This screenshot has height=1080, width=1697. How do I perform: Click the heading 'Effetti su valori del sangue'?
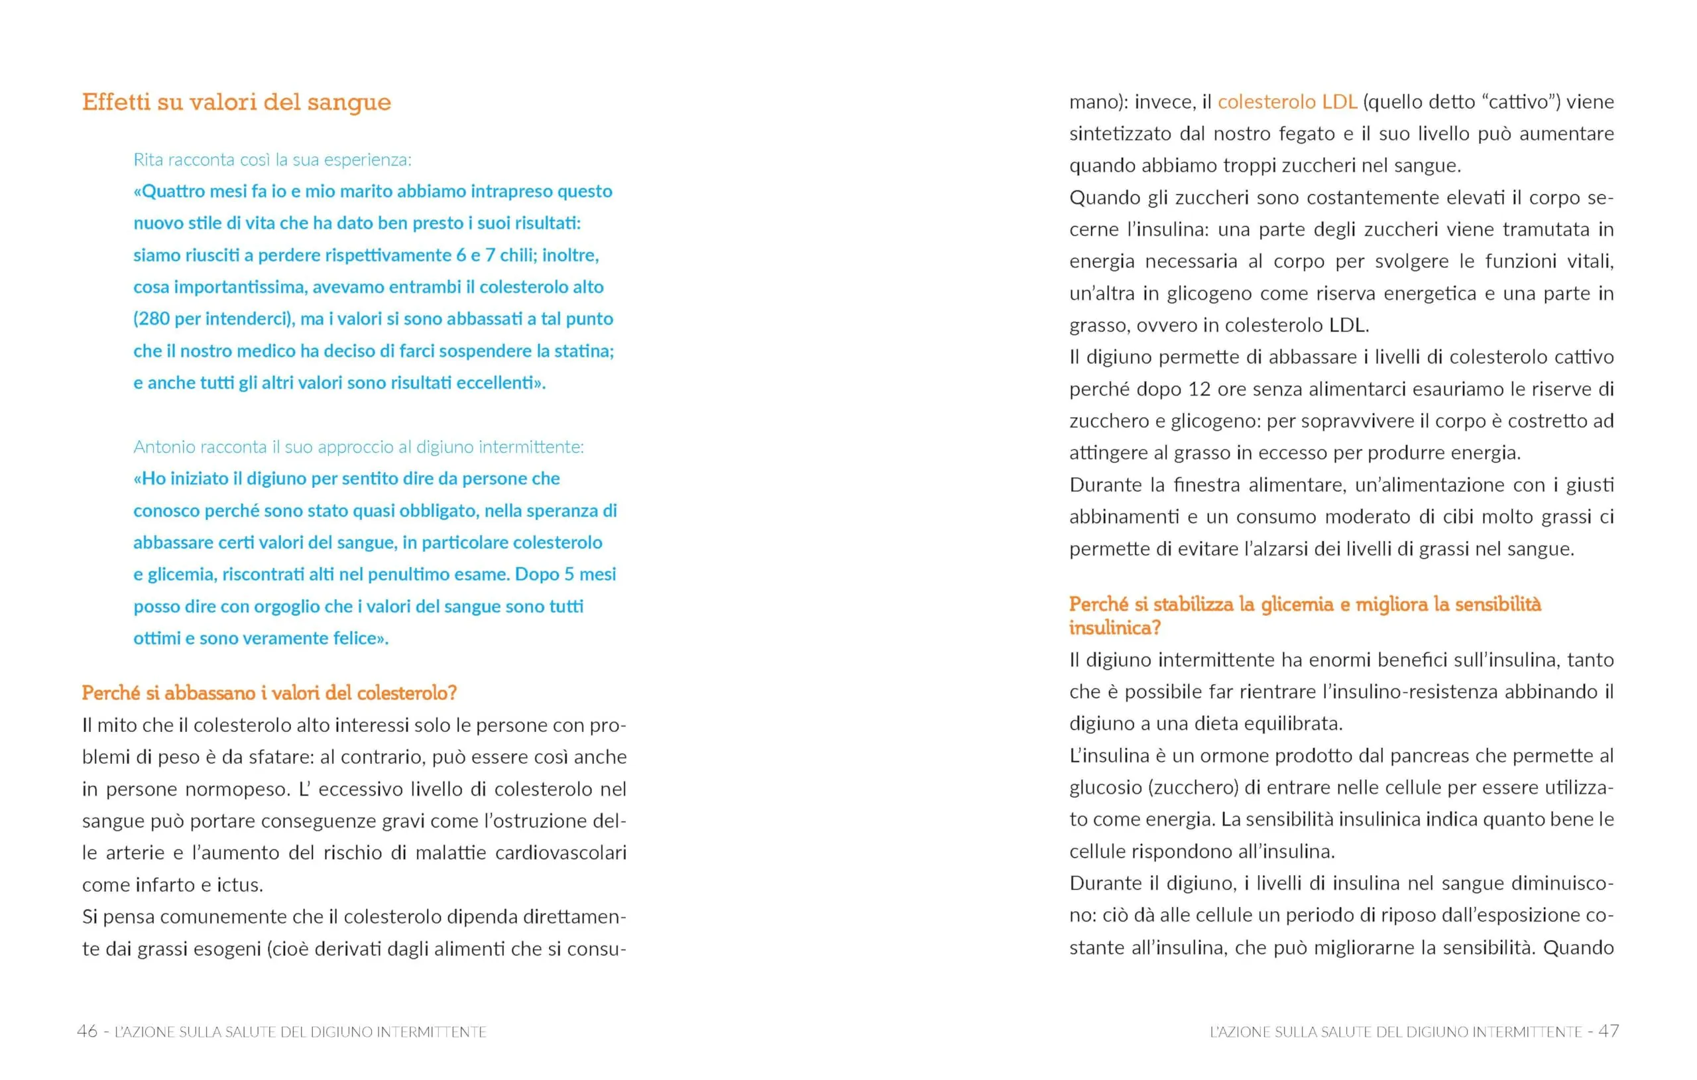[236, 102]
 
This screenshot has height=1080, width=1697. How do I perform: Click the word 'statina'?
[582, 351]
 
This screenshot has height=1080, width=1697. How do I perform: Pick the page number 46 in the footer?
[87, 1032]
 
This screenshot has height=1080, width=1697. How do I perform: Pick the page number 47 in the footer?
[1608, 1032]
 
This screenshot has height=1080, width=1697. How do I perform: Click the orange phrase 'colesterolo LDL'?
[1287, 102]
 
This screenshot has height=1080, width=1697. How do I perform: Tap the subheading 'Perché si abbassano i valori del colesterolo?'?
[269, 693]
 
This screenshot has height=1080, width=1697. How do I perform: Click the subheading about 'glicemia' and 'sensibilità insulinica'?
[1305, 615]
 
